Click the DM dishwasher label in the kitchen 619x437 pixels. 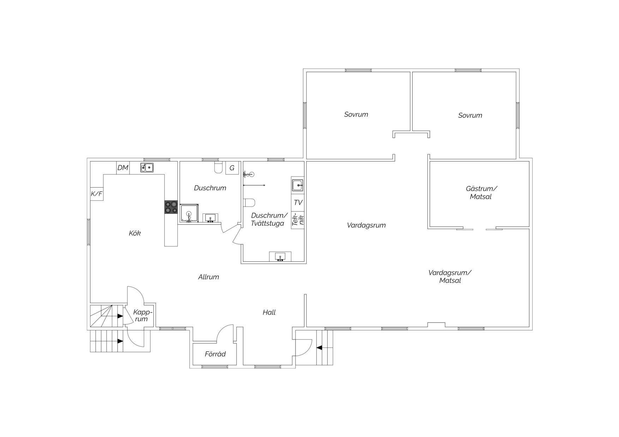pyautogui.click(x=123, y=168)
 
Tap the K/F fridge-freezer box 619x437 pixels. pyautogui.click(x=97, y=194)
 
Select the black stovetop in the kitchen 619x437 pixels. pyautogui.click(x=171, y=207)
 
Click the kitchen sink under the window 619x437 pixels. pyautogui.click(x=147, y=168)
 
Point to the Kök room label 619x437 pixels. pyautogui.click(x=135, y=233)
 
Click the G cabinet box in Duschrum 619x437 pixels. pyautogui.click(x=232, y=168)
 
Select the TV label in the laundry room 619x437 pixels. pyautogui.click(x=298, y=203)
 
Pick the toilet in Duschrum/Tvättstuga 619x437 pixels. pyautogui.click(x=250, y=203)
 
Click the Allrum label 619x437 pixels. pyautogui.click(x=209, y=277)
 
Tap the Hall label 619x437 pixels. pyautogui.click(x=269, y=312)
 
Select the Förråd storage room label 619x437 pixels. pyautogui.click(x=215, y=354)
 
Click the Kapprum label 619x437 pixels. pyautogui.click(x=143, y=315)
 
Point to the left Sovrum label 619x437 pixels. pyautogui.click(x=356, y=115)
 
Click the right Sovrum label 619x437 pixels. pyautogui.click(x=470, y=115)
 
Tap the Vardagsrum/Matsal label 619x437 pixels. pyautogui.click(x=450, y=277)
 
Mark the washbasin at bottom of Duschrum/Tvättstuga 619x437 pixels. pyautogui.click(x=280, y=257)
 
